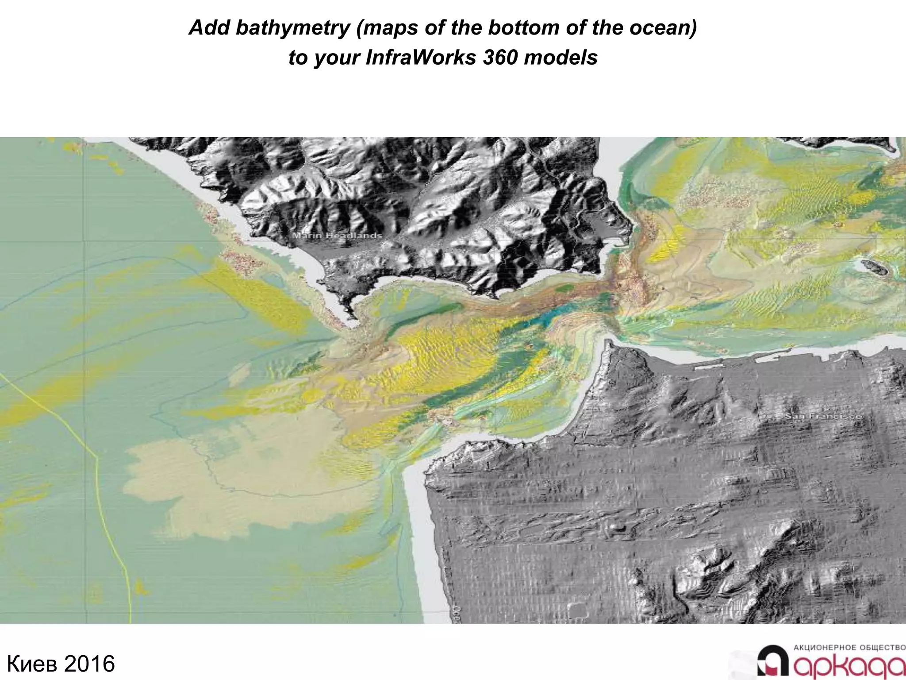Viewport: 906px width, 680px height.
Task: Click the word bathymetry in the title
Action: point(292,28)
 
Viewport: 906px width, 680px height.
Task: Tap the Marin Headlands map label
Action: point(337,236)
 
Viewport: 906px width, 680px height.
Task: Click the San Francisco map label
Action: point(823,417)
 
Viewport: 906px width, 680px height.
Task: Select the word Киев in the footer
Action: point(33,664)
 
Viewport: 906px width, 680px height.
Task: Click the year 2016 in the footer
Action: point(89,664)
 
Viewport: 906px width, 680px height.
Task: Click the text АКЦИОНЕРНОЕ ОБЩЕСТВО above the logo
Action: point(849,648)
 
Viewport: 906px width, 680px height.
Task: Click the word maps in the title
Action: point(388,28)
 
